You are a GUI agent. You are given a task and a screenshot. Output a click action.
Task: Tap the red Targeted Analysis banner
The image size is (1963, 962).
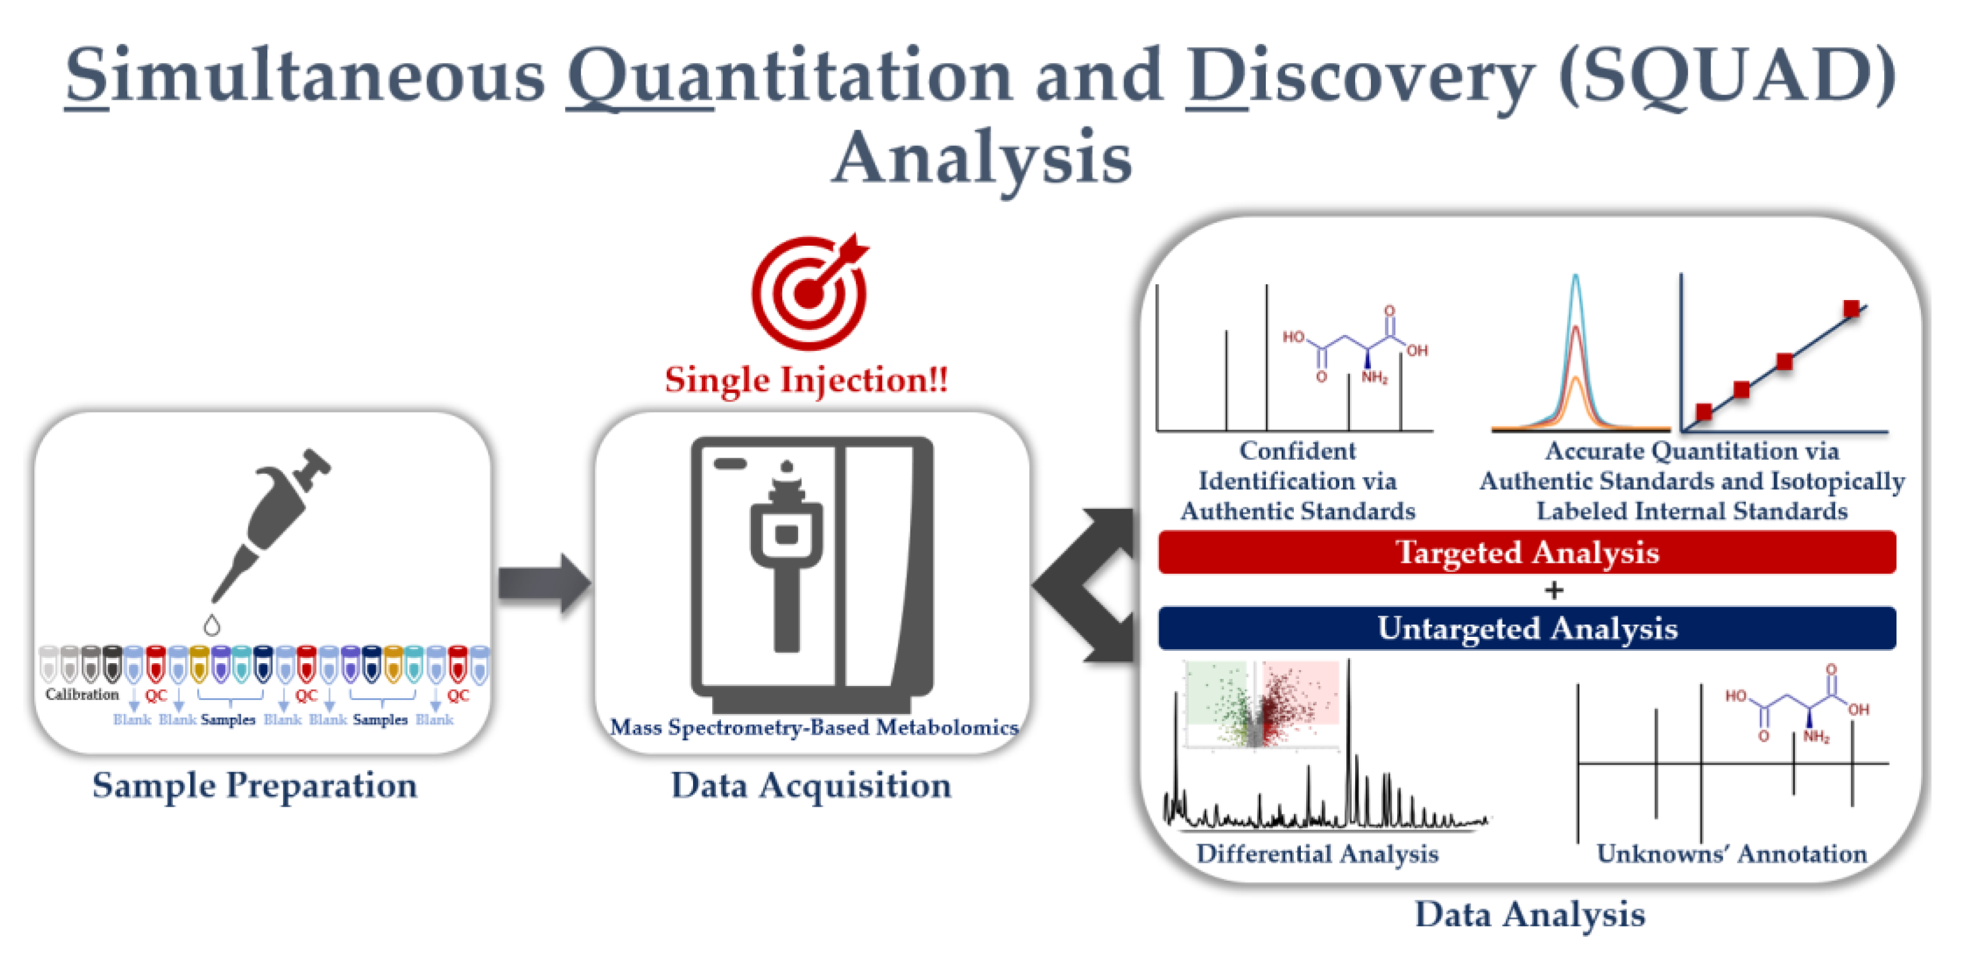[x=1526, y=552]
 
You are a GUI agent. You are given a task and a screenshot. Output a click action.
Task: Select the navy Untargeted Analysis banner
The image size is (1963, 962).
[x=1526, y=628]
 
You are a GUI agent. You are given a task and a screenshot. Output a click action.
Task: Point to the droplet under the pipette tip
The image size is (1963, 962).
[x=212, y=625]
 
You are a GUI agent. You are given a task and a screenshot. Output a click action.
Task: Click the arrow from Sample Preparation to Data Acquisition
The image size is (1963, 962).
[x=544, y=584]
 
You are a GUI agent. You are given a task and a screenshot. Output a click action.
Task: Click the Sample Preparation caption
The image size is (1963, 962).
[x=254, y=786]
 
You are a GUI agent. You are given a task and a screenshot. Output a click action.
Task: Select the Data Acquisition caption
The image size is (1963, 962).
[x=811, y=786]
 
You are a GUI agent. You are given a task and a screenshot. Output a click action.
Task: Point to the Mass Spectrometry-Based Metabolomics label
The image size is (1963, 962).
[x=814, y=727]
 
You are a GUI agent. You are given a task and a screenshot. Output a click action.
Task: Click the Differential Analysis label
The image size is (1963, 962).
[x=1317, y=853]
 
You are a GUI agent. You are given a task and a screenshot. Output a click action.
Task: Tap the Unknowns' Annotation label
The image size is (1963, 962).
[x=1731, y=853]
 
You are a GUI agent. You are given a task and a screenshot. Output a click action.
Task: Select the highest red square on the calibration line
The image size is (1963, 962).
[x=1851, y=309]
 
